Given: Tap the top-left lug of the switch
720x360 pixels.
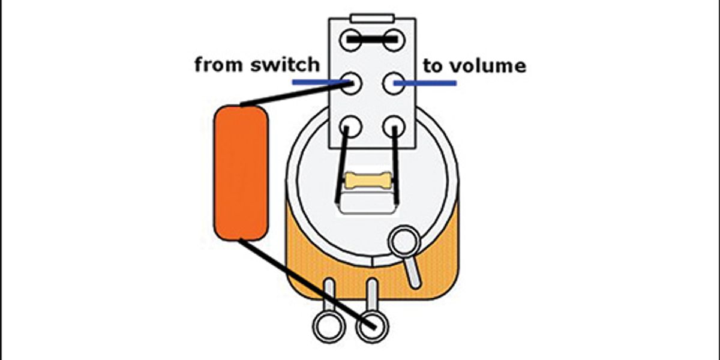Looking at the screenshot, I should [351, 41].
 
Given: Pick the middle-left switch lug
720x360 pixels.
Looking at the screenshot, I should [351, 83].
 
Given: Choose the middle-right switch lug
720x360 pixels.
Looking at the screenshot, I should [394, 83].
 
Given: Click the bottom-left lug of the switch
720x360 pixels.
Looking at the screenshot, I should [351, 126].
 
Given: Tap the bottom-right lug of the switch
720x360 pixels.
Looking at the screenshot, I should [394, 126].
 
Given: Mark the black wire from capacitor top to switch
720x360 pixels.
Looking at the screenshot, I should [294, 95].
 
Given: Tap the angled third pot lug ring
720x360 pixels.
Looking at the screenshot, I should [403, 241].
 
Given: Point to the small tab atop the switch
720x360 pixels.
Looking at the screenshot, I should [372, 19].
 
